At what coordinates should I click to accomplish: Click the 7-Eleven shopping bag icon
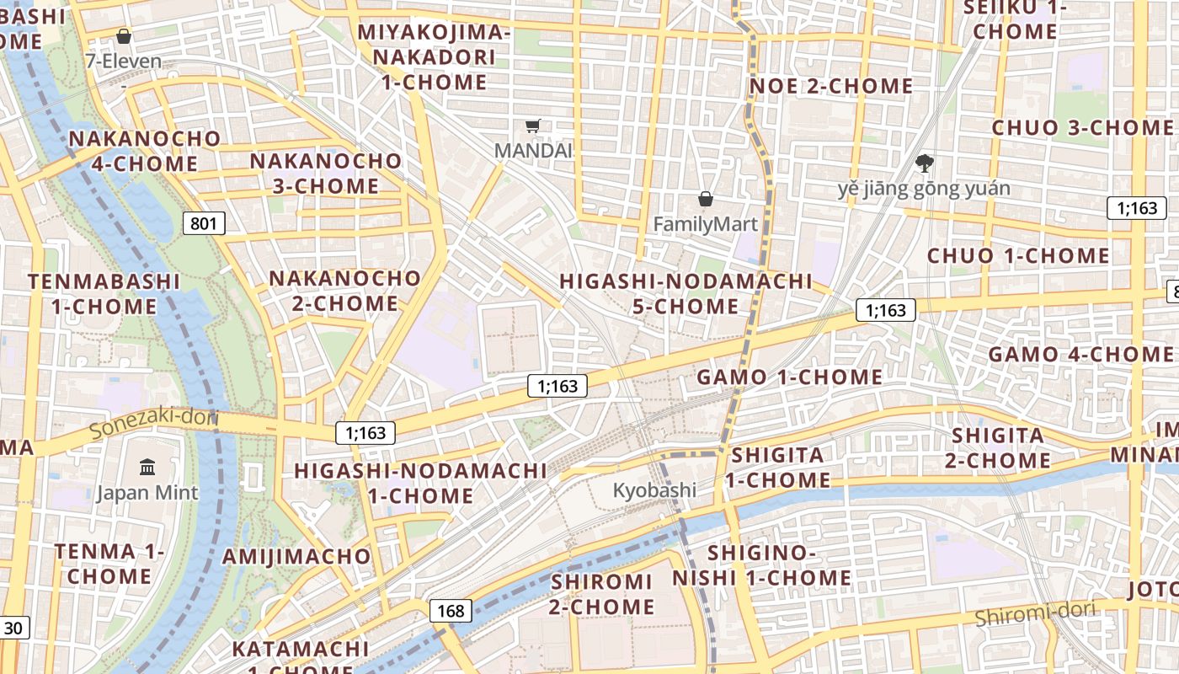click(124, 36)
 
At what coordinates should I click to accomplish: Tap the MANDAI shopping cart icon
click(532, 126)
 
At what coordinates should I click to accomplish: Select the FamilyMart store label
click(706, 224)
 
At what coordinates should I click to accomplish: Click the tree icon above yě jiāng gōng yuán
click(924, 163)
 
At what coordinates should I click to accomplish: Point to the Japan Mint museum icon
click(147, 467)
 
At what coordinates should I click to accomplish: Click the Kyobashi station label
click(654, 490)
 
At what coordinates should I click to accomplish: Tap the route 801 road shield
click(204, 223)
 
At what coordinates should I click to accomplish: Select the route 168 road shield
click(451, 611)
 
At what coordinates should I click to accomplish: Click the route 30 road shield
click(13, 628)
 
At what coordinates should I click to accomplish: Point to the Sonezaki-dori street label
click(153, 423)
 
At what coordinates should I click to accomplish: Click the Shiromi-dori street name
click(1036, 614)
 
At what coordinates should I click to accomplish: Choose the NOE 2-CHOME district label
click(831, 86)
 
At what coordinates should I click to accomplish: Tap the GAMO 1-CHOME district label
click(789, 377)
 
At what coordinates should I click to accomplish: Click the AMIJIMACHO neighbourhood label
click(296, 556)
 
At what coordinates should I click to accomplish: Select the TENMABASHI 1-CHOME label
click(104, 293)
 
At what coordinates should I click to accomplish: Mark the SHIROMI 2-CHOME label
click(602, 594)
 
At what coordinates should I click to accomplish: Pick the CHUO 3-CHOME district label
click(1082, 128)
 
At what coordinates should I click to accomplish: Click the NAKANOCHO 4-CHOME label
click(145, 151)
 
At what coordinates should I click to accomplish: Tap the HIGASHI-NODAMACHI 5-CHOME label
click(686, 293)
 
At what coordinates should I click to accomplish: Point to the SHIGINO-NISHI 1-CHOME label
click(761, 565)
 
